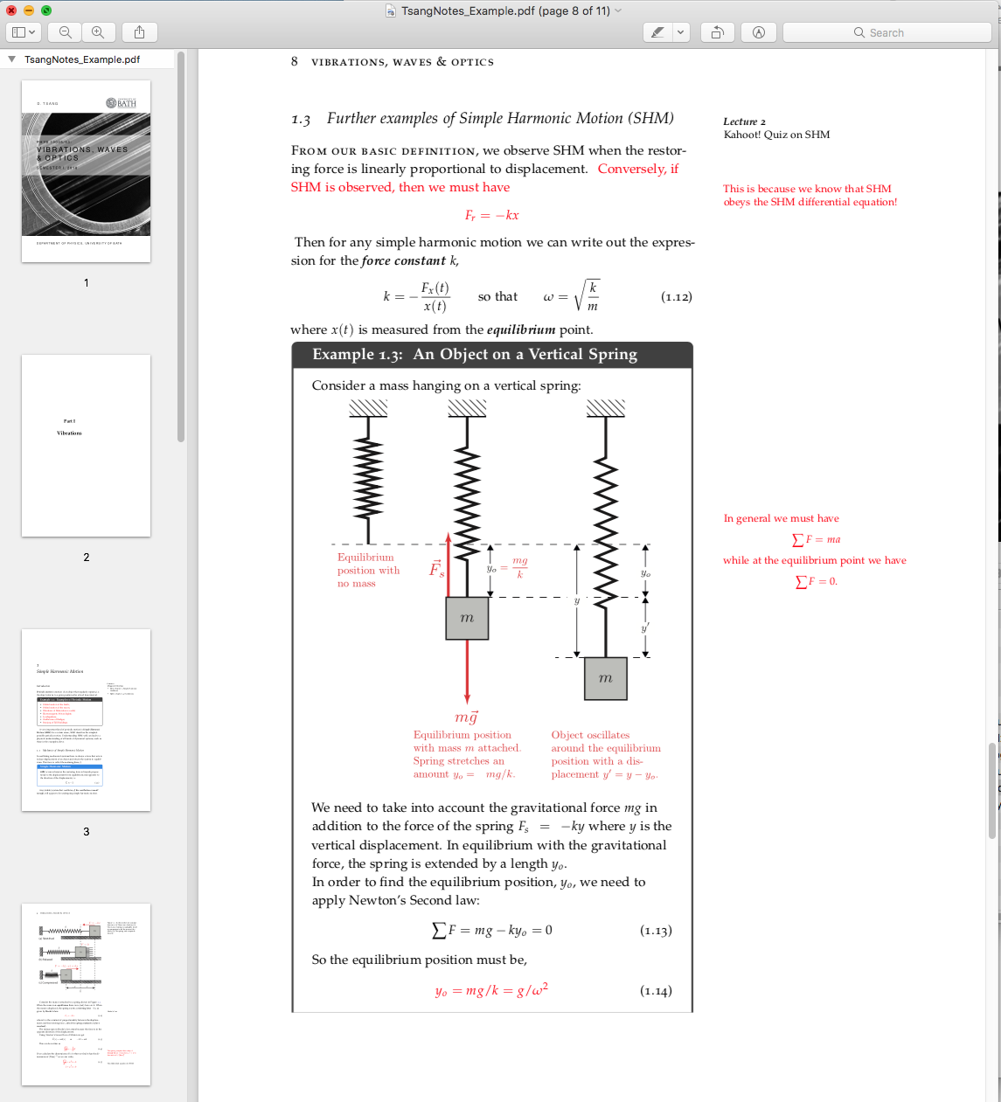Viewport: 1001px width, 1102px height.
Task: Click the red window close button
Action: (x=11, y=10)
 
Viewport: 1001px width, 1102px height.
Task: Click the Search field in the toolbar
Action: (x=886, y=32)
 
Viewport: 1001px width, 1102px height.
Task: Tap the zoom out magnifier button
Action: (x=66, y=32)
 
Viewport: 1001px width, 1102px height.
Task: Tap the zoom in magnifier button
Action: (x=98, y=32)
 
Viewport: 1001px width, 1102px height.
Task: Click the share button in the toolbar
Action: (x=139, y=32)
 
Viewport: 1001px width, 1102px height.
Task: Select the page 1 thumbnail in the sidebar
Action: (x=86, y=171)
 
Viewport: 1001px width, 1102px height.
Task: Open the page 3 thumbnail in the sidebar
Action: (x=86, y=720)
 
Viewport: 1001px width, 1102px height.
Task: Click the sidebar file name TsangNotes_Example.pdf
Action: (x=82, y=59)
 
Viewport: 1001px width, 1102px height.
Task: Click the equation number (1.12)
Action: (x=676, y=297)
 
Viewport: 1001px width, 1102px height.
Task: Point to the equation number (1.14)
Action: (x=656, y=991)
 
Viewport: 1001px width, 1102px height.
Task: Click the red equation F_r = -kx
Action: (x=491, y=216)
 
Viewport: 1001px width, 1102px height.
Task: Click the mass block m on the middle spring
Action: (x=467, y=618)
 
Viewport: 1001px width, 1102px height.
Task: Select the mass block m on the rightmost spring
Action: (x=606, y=678)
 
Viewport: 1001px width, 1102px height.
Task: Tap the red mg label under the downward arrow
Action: (x=467, y=717)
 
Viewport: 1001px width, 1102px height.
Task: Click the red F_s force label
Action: (x=436, y=569)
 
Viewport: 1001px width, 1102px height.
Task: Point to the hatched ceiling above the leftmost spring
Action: (x=368, y=408)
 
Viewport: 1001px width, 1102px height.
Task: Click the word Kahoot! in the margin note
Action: (x=743, y=135)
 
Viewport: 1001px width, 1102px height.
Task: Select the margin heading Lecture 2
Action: (x=744, y=121)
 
